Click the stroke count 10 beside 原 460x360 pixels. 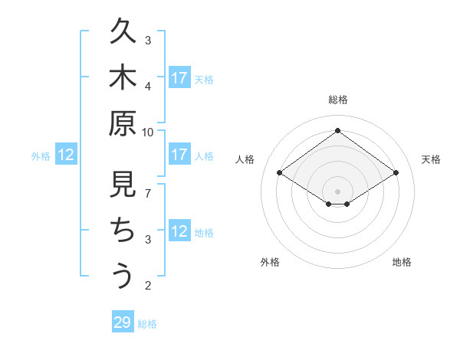(148, 132)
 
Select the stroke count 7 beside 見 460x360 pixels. (148, 193)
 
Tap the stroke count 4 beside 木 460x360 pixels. (148, 86)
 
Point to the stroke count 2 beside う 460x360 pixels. (148, 286)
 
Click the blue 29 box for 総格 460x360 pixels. (122, 322)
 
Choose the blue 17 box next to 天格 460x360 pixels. (179, 78)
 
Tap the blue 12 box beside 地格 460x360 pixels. (179, 232)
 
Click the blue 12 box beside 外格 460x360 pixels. (66, 155)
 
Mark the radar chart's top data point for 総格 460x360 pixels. (337, 130)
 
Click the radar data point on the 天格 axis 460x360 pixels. (396, 173)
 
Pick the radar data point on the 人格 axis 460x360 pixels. (279, 173)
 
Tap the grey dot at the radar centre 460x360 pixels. (337, 191)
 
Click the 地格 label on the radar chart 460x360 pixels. (402, 263)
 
